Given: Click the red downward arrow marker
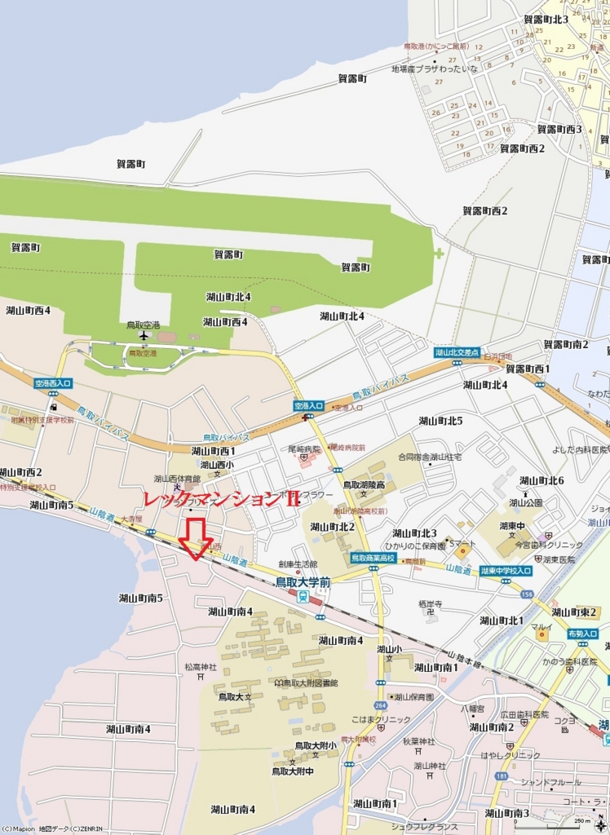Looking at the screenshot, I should point(196,539).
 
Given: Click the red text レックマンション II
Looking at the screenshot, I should point(221,499).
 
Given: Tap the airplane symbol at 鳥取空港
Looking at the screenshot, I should point(144,335).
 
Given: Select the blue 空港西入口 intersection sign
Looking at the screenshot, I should point(54,382).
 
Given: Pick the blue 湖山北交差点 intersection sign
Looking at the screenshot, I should point(456,351).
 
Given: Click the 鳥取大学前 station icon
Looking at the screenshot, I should point(303,596).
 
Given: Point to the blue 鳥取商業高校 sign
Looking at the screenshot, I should point(373,558).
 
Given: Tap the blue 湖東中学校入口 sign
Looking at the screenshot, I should point(506,571).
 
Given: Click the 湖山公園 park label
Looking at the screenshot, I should point(526,502).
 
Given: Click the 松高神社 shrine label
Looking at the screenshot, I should point(201,667).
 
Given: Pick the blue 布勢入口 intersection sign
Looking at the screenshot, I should point(582,634).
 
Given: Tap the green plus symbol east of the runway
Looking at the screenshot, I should point(439,253).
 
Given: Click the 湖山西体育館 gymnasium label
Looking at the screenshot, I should point(177,479).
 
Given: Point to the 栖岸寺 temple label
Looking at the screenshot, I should point(430,604).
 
